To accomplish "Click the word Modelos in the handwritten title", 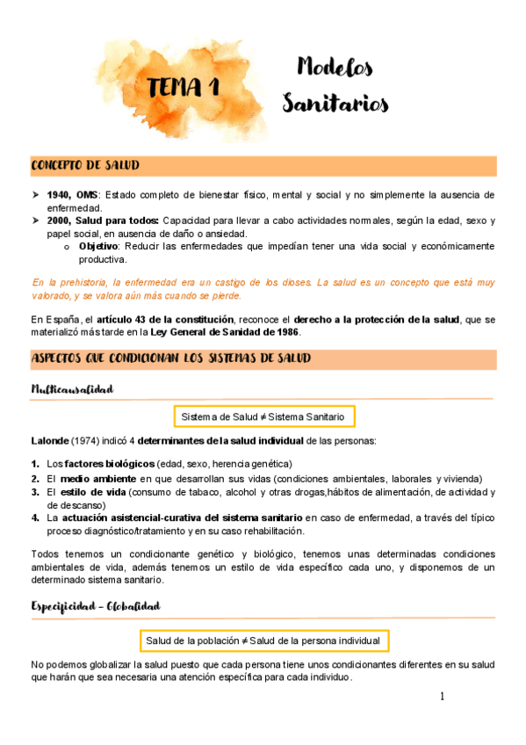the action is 335,67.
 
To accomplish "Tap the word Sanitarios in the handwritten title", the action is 335,105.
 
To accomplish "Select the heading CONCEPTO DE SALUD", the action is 84,165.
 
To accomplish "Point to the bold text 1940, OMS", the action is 73,194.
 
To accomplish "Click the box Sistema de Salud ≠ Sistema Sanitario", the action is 263,416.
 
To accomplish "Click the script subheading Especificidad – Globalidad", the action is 95,606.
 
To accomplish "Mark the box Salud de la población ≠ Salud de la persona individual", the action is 263,640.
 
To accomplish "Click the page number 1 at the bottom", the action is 443,697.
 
